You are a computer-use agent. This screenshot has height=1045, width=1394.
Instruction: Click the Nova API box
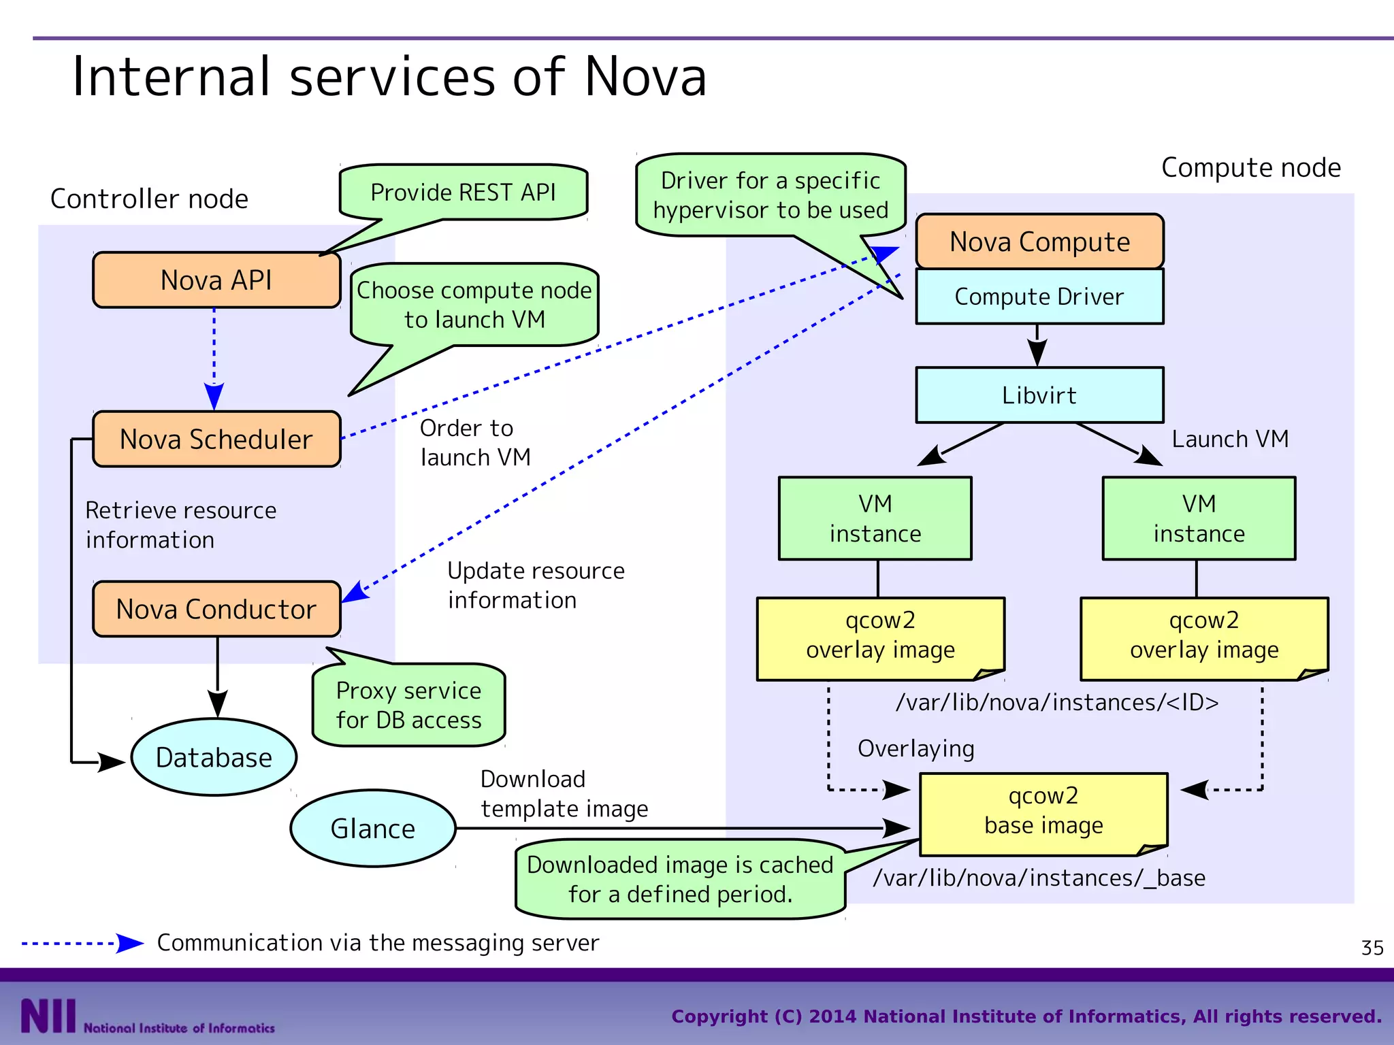(216, 280)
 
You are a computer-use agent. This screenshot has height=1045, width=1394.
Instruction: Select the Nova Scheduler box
(216, 439)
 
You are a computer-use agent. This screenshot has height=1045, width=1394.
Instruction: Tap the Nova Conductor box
(216, 609)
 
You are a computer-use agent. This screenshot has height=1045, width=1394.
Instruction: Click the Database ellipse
(214, 757)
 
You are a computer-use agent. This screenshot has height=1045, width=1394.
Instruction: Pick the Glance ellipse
(372, 829)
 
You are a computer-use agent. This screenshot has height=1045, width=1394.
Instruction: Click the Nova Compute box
(1039, 242)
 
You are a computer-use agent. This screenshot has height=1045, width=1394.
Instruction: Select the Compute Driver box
(1039, 297)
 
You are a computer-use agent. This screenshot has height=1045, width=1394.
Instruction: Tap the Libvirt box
(1039, 395)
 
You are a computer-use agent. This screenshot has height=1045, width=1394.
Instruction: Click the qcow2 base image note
(1043, 811)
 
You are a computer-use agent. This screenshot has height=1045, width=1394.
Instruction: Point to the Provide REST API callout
(463, 193)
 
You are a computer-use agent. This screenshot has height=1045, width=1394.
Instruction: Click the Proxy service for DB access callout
(408, 706)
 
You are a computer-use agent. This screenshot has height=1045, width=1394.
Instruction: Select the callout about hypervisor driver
(771, 195)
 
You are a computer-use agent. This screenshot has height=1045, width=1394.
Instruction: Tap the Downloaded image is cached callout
(680, 879)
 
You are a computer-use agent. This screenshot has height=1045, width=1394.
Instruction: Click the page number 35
(1372, 948)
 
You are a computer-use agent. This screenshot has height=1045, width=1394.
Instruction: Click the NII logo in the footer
(48, 1016)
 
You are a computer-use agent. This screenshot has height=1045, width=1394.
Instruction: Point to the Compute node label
(1251, 167)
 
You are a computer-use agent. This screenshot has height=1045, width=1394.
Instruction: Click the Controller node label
(149, 199)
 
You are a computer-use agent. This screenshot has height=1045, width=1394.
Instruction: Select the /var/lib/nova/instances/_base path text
(1039, 878)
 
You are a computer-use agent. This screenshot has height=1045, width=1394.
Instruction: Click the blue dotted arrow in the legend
(82, 944)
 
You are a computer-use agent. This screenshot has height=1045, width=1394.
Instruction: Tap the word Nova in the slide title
(645, 76)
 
